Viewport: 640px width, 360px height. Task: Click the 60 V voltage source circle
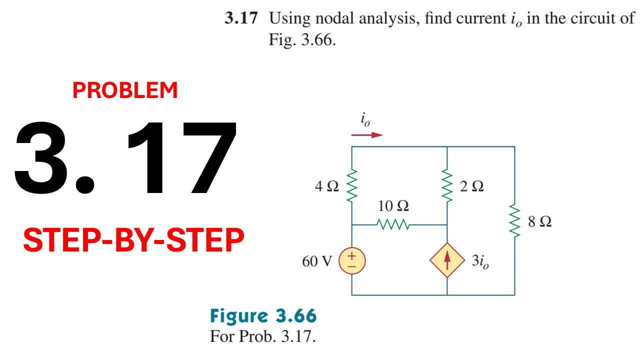351,261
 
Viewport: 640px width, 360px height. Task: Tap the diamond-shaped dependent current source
447,260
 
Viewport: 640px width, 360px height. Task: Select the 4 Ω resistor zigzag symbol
351,185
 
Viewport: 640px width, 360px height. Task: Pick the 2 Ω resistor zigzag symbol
447,185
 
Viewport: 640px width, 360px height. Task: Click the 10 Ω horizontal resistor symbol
393,224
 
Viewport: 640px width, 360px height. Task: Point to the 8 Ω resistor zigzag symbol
514,220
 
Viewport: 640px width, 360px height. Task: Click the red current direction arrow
367,135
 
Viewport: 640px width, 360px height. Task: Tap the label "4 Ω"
327,186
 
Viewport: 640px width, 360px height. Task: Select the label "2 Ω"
472,186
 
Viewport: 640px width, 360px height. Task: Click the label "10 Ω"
393,205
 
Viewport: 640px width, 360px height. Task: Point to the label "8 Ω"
539,221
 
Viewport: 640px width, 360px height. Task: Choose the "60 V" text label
317,261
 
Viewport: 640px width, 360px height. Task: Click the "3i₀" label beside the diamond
480,261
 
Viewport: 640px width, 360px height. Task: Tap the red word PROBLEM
125,90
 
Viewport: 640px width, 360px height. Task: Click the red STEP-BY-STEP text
133,240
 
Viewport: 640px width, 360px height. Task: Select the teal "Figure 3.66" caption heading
263,315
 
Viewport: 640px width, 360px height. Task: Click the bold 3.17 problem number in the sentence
241,17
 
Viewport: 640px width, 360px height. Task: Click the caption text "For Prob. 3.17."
263,336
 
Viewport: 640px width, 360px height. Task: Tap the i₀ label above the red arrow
365,120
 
